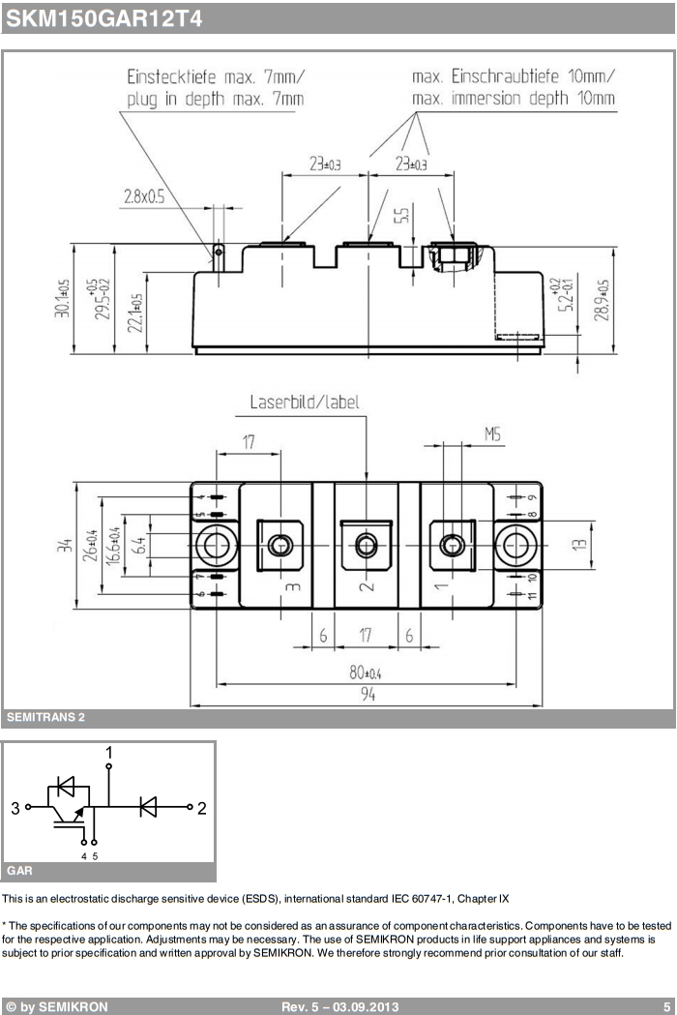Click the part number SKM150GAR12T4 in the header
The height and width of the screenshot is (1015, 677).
coord(104,18)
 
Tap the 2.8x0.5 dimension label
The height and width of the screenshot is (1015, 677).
coord(144,196)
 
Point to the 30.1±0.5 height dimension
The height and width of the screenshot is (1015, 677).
coord(62,298)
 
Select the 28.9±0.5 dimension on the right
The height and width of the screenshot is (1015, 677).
coord(602,300)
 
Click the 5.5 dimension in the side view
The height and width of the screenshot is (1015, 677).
coord(402,215)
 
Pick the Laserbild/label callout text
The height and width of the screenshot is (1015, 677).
coord(305,402)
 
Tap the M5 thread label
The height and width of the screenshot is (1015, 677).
coord(492,433)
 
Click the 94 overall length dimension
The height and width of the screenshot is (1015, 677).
coord(368,694)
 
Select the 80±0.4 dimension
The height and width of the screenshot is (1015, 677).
coord(365,672)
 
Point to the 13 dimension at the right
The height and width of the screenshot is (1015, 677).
coord(580,545)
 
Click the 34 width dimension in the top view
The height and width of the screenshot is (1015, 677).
coord(65,545)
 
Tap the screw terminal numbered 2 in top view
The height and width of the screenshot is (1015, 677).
coord(367,545)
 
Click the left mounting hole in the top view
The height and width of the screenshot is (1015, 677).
coord(217,545)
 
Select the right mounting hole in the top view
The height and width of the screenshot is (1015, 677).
coord(515,545)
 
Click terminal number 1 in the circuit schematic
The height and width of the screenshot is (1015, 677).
coord(108,752)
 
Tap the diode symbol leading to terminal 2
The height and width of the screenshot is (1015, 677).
coord(148,807)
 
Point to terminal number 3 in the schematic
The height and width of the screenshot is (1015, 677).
coord(15,807)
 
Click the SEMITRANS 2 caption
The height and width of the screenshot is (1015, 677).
coord(46,717)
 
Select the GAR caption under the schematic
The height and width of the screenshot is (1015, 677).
coord(19,871)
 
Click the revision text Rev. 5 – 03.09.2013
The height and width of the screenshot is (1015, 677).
coord(339,1006)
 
